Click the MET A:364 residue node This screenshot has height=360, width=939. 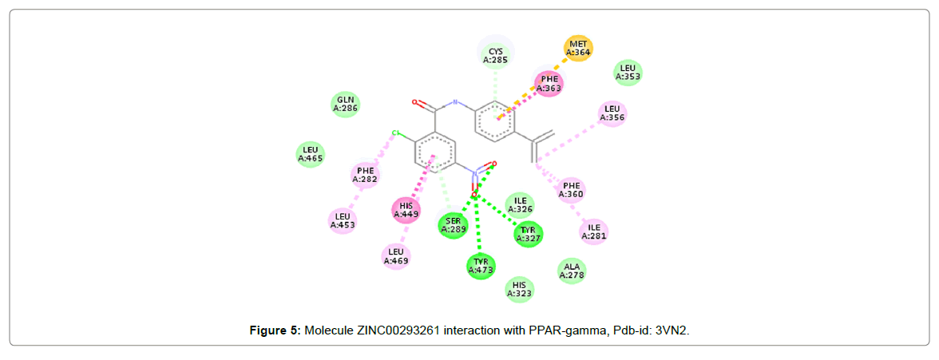pyautogui.click(x=579, y=49)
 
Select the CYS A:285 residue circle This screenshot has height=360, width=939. pyautogui.click(x=496, y=54)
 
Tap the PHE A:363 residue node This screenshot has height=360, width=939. pyautogui.click(x=549, y=84)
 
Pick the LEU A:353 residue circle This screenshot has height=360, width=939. pyautogui.click(x=628, y=73)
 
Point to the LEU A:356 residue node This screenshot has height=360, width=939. pyautogui.click(x=612, y=113)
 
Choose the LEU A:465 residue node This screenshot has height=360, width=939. pyautogui.click(x=310, y=154)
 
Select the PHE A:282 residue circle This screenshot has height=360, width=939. pyautogui.click(x=366, y=175)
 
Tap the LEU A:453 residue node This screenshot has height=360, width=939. pyautogui.click(x=343, y=220)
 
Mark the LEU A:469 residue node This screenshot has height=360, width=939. pyautogui.click(x=396, y=256)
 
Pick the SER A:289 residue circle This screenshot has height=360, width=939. pyautogui.click(x=453, y=225)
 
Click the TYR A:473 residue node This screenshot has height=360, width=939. pyautogui.click(x=481, y=265)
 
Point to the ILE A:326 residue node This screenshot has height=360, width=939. pyautogui.click(x=520, y=205)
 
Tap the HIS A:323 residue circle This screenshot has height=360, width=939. pyautogui.click(x=520, y=290)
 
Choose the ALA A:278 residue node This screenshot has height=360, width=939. pyautogui.click(x=572, y=271)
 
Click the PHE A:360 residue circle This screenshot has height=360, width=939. pyautogui.click(x=571, y=189)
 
